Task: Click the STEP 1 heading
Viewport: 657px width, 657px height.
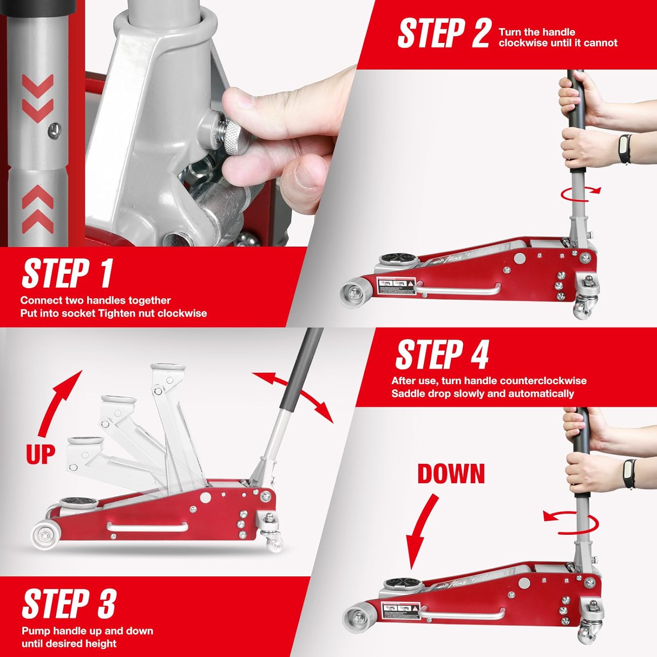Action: coord(67,274)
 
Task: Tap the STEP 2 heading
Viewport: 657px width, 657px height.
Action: coord(443,34)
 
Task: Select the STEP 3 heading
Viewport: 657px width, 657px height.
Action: coord(69,604)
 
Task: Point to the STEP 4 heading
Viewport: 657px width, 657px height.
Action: coord(442,355)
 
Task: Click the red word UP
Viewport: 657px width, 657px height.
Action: coord(40,454)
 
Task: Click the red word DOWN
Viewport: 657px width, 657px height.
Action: coord(451,474)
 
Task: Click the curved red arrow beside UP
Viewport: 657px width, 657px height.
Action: coord(59,401)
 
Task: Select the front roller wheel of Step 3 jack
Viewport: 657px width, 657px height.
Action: coord(44,535)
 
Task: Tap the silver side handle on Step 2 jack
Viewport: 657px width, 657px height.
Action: coord(457,290)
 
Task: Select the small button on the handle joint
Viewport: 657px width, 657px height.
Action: coord(53,130)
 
